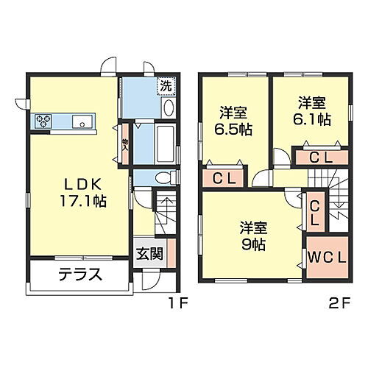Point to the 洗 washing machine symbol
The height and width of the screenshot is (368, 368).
(167, 85)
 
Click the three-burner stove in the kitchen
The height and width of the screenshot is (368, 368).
(41, 121)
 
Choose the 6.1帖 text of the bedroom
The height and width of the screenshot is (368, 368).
(311, 118)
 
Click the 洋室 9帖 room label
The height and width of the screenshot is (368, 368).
(252, 235)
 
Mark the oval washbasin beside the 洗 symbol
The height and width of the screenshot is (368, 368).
(168, 109)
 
